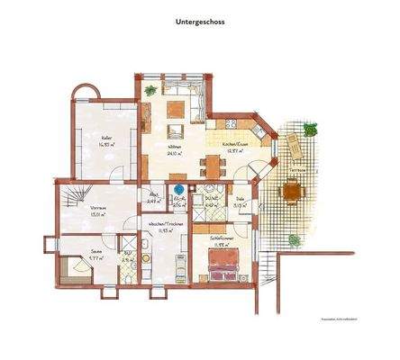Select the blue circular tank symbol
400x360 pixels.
tap(179, 190)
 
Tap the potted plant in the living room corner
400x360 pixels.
tap(150, 91)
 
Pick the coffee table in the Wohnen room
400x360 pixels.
tap(174, 112)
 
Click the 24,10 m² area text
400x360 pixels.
tap(173, 153)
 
